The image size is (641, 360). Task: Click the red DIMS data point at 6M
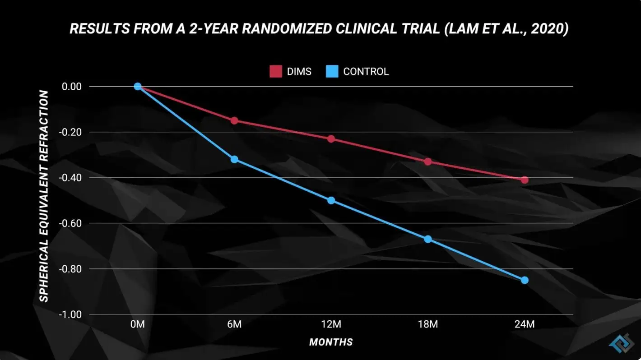click(x=234, y=120)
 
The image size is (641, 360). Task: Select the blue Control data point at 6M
click(x=234, y=159)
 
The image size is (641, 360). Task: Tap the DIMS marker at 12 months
click(x=331, y=139)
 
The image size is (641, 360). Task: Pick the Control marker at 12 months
click(x=331, y=200)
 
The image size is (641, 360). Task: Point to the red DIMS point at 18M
click(x=428, y=162)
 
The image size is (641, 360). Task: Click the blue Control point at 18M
click(x=428, y=239)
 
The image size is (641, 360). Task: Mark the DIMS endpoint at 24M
click(x=525, y=180)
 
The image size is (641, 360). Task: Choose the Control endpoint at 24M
click(x=525, y=280)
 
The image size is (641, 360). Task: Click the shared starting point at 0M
click(x=138, y=86)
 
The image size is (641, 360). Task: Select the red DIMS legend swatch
click(x=276, y=71)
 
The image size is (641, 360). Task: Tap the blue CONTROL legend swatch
click(x=332, y=71)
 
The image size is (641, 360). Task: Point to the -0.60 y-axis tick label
click(x=70, y=223)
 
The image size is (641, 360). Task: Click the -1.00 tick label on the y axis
click(x=70, y=314)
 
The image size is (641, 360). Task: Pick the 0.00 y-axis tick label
click(x=72, y=86)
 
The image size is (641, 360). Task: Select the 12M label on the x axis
click(x=331, y=324)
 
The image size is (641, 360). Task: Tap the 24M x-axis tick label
click(x=525, y=324)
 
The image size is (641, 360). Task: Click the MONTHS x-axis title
click(x=331, y=342)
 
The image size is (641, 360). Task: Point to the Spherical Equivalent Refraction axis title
click(x=44, y=196)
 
